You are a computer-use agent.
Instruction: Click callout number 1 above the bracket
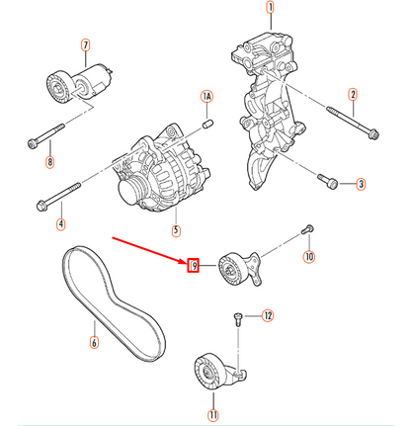point(270,7)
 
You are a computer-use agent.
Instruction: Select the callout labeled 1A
point(206,97)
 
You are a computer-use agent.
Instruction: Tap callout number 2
point(353,95)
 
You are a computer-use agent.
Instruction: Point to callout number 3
point(361,184)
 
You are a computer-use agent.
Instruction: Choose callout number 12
point(268,315)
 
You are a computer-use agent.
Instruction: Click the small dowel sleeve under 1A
point(207,125)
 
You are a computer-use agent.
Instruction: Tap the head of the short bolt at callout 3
point(333,183)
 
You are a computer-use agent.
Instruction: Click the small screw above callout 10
point(307,229)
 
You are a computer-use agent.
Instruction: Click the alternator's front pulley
point(130,192)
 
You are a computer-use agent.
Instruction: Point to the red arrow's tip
point(187,263)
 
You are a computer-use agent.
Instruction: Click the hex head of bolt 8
point(32,144)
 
